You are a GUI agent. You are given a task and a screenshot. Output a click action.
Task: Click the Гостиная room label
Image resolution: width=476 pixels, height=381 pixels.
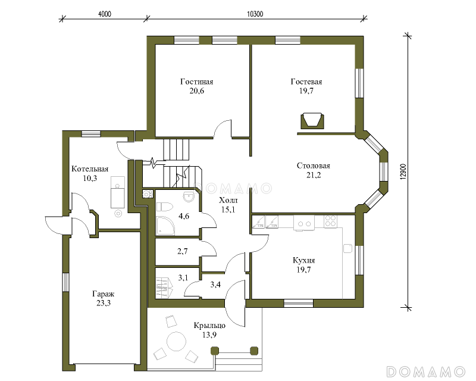pos(197,82)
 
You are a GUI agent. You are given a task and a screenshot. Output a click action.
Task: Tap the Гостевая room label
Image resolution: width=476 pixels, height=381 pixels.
pos(306,82)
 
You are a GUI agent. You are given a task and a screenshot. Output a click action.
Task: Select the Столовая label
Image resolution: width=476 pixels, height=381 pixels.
pos(314,166)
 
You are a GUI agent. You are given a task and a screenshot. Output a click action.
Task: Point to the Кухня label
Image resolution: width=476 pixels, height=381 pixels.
pos(303,260)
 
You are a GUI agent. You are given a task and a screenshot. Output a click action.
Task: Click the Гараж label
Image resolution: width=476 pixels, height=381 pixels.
pos(104,294)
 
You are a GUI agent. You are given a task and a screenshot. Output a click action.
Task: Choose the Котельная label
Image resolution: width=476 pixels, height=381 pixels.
pos(90,169)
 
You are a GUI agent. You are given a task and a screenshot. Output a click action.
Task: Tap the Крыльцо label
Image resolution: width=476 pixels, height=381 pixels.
pos(209,326)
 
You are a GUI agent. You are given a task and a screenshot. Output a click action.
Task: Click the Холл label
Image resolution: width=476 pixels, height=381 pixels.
pos(228,200)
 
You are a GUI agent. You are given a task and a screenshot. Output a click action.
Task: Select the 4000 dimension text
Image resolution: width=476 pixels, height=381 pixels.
pos(105,14)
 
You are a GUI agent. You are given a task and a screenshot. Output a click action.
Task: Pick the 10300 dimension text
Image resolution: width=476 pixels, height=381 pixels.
pos(255,14)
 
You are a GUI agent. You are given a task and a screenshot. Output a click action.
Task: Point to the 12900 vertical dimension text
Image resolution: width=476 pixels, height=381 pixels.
pos(403,172)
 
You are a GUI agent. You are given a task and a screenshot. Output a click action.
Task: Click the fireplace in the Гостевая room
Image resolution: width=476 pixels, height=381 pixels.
pos(312,121)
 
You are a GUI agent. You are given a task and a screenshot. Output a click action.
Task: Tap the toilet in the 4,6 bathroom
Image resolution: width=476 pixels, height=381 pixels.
pos(165,207)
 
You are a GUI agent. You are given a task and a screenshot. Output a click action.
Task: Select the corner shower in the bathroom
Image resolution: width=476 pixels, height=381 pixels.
pos(165,226)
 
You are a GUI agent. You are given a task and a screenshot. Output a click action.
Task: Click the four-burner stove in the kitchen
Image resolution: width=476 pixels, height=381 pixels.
pos(330,221)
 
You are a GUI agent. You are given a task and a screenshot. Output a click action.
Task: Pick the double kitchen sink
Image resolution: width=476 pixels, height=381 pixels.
pos(304,223)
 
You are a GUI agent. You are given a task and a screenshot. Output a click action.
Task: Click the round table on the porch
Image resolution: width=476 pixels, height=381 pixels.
pos(176,342)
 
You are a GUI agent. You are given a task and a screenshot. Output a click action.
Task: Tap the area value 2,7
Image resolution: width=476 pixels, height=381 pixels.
pos(183,251)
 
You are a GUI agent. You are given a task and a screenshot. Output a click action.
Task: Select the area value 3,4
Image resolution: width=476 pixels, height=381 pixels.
pos(215,285)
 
